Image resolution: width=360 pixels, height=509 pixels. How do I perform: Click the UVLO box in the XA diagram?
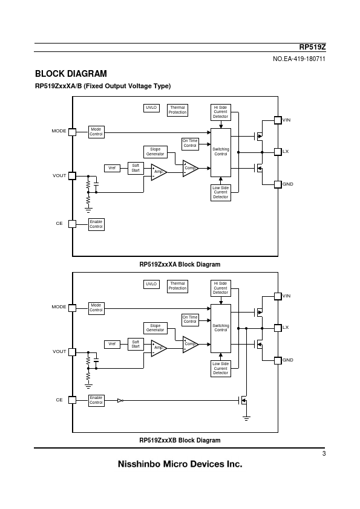coord(151,108)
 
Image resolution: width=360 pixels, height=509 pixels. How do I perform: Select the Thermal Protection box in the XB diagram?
coord(177,287)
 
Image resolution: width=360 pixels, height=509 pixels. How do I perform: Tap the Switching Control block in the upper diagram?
coord(221,152)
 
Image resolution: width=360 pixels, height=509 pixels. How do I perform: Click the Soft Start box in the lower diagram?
coord(136,344)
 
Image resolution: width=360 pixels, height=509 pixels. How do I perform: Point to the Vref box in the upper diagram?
coord(112,168)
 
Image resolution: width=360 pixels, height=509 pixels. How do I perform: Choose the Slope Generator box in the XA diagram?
coord(155,152)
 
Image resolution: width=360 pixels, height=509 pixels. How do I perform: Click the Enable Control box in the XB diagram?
coord(96,401)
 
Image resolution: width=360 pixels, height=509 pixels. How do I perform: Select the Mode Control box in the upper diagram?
coord(96,132)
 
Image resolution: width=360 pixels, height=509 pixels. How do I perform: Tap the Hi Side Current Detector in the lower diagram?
coord(221,288)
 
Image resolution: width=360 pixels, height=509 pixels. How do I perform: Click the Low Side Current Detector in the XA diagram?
coord(221,192)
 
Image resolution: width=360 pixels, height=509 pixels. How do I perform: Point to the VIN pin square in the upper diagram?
coord(278,120)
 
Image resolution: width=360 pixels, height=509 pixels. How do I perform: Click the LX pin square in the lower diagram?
coord(278,328)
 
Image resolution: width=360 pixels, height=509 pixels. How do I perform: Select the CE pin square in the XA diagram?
coord(73,224)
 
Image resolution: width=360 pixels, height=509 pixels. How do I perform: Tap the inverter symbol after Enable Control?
coord(120,401)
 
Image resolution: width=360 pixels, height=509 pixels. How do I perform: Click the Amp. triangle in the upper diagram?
coord(159,172)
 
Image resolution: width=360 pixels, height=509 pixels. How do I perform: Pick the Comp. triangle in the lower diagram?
coord(191,345)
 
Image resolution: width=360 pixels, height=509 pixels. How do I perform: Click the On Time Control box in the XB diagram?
coord(190,320)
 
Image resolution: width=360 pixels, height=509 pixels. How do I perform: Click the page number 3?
coord(324,454)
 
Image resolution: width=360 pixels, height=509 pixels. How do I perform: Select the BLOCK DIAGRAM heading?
coord(71,74)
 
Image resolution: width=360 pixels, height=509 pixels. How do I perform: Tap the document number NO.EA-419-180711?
coord(299,59)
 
